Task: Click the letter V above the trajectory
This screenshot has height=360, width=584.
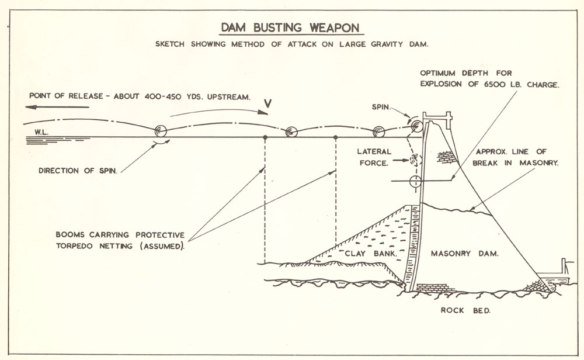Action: [268, 103]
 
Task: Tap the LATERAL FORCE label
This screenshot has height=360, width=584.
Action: [374, 157]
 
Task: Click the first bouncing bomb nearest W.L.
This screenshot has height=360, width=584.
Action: [159, 131]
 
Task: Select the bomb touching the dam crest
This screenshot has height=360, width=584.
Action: [416, 125]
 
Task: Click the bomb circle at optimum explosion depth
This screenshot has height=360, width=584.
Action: [415, 180]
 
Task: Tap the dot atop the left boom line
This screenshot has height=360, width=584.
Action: [265, 137]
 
